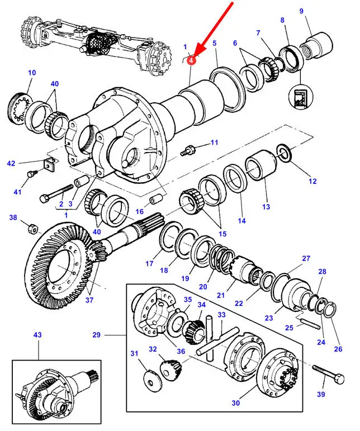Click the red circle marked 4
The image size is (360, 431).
pyautogui.click(x=192, y=59)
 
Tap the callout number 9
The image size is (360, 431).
pyautogui.click(x=318, y=11)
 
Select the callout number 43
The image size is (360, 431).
pyautogui.click(x=37, y=335)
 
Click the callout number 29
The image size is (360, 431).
pyautogui.click(x=96, y=335)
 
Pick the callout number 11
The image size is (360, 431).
pyautogui.click(x=214, y=144)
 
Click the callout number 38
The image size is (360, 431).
pyautogui.click(x=13, y=217)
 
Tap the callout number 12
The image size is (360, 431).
pyautogui.click(x=312, y=181)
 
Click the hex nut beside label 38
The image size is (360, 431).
pyautogui.click(x=33, y=228)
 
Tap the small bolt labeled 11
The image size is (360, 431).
pyautogui.click(x=188, y=150)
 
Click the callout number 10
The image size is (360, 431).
pyautogui.click(x=31, y=73)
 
